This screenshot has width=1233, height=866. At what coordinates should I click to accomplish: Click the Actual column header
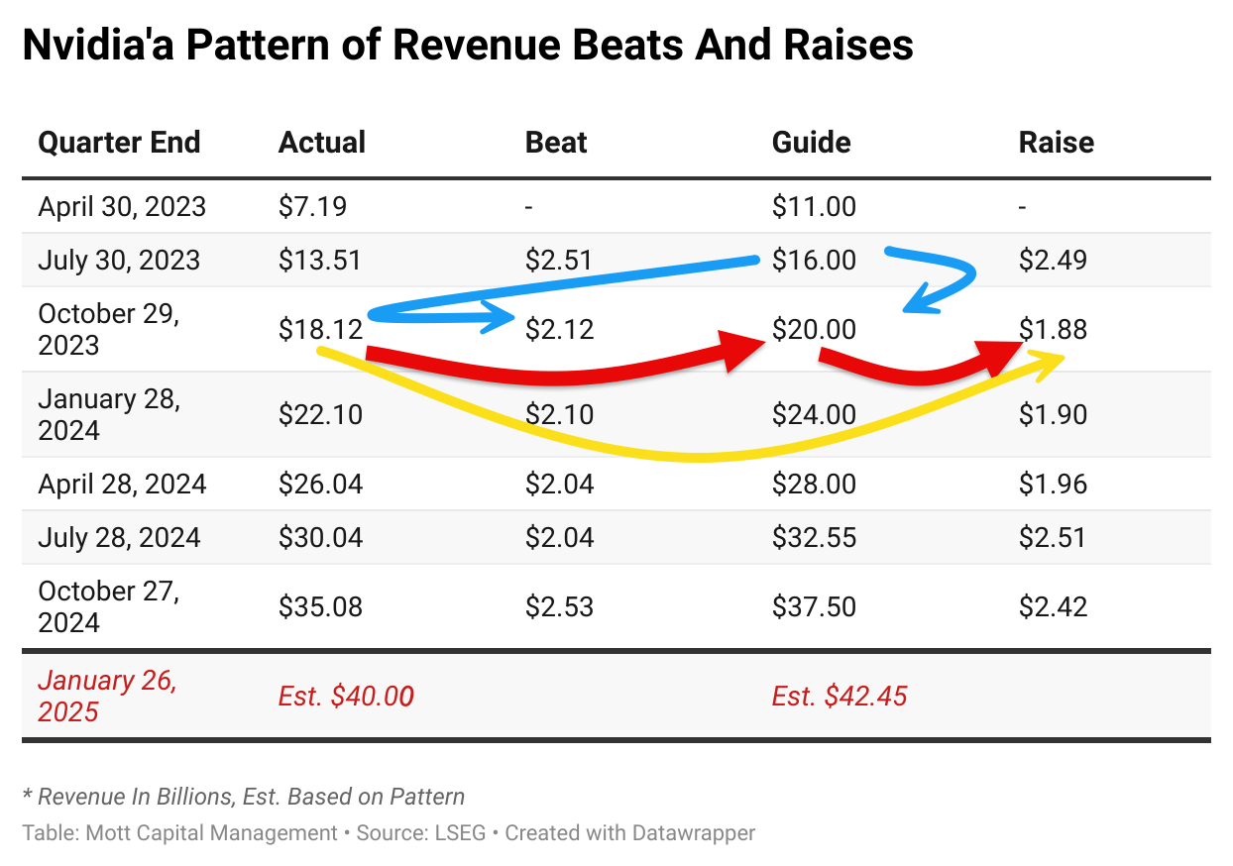(322, 143)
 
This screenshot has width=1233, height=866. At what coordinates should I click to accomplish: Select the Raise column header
(1056, 143)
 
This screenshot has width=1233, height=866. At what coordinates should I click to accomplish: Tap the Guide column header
(811, 143)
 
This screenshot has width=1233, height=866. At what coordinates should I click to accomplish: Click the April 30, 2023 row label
(122, 206)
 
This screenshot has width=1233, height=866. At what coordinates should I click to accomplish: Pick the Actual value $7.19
(312, 206)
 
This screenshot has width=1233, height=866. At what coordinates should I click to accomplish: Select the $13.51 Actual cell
(320, 260)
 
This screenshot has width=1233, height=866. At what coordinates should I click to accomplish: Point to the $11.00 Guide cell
(813, 206)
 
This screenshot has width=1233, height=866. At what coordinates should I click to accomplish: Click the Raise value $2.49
(1053, 260)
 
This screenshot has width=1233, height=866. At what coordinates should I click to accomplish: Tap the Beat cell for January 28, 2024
(559, 414)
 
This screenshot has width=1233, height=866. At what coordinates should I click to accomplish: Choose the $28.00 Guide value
(813, 484)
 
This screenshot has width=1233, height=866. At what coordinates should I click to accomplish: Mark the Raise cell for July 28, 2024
(1053, 537)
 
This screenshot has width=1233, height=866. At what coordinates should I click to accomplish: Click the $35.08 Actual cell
(320, 605)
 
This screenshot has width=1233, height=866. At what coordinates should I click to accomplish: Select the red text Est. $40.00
(346, 697)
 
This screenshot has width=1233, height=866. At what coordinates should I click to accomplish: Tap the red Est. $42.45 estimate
(839, 697)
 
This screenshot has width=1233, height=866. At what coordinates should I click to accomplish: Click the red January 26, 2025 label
(107, 696)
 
